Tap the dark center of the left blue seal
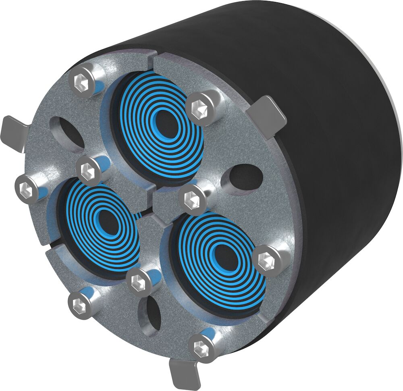[106, 220]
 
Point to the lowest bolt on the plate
[200, 346]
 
